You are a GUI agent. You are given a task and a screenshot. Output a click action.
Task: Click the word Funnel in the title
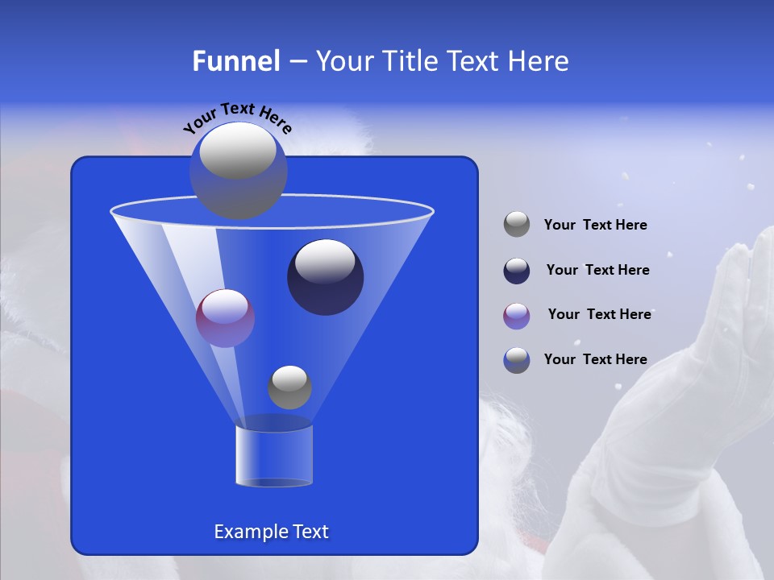click(x=235, y=61)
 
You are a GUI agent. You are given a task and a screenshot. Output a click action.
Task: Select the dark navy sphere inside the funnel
click(x=325, y=278)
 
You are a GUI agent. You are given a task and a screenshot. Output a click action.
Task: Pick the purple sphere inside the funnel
click(x=225, y=318)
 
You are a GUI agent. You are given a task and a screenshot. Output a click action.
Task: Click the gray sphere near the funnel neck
click(x=289, y=387)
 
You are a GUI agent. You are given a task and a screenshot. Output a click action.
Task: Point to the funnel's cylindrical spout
click(x=273, y=455)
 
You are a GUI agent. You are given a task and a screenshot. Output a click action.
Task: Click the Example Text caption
click(x=271, y=532)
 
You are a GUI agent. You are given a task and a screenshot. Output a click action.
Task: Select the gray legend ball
click(x=517, y=225)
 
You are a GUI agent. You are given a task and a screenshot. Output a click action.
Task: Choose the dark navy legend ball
click(x=517, y=271)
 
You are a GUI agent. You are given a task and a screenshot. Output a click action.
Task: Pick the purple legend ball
click(x=517, y=315)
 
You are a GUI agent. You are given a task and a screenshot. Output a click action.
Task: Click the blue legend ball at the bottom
click(x=517, y=360)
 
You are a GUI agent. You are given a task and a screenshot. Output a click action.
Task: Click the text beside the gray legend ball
click(x=595, y=226)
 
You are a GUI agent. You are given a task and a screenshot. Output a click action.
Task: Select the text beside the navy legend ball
click(x=597, y=271)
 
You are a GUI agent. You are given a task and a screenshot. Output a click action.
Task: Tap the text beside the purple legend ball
click(x=599, y=315)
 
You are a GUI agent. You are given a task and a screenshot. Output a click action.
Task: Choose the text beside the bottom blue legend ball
click(x=595, y=360)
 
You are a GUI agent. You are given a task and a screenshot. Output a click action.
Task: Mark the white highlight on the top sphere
click(x=238, y=151)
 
